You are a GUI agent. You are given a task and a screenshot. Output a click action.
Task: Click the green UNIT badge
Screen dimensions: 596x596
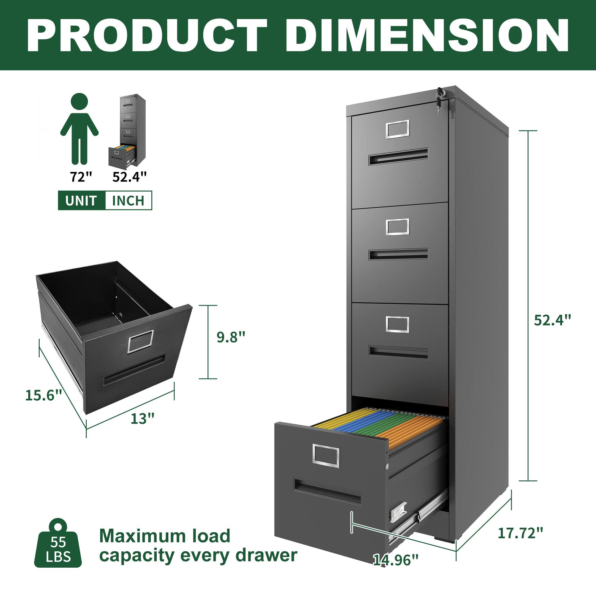pos(81,201)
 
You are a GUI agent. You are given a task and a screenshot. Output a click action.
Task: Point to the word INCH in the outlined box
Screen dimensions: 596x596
pos(128,201)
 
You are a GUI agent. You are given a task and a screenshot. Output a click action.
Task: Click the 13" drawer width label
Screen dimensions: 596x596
pos(142,419)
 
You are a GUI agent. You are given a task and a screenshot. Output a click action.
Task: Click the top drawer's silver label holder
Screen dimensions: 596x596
pos(398,129)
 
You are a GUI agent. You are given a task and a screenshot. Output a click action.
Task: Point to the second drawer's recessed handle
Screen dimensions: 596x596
pos(398,254)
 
